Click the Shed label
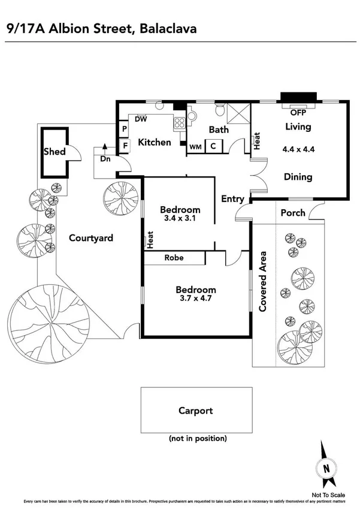pyautogui.click(x=54, y=152)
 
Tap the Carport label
pyautogui.click(x=195, y=411)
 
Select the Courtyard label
pyautogui.click(x=90, y=238)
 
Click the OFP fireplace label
pyautogui.click(x=298, y=112)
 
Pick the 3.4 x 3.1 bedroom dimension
pyautogui.click(x=179, y=219)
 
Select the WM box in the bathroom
pyautogui.click(x=195, y=146)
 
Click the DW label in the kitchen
pyautogui.click(x=141, y=119)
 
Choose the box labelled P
pyautogui.click(x=125, y=129)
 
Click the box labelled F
pyautogui.click(x=125, y=144)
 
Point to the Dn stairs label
pyautogui.click(x=105, y=159)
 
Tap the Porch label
pyautogui.click(x=293, y=212)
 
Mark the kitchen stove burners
pyautogui.click(x=179, y=124)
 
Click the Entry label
pyautogui.click(x=233, y=199)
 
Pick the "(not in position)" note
pyautogui.click(x=198, y=438)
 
